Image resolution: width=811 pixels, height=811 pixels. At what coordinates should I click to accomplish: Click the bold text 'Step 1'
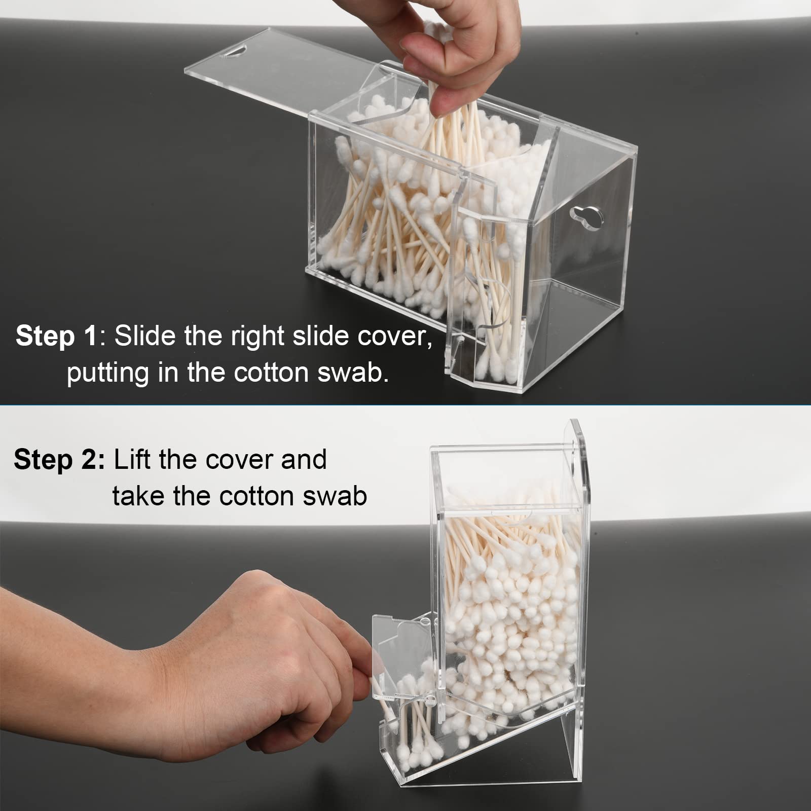(x=56, y=336)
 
